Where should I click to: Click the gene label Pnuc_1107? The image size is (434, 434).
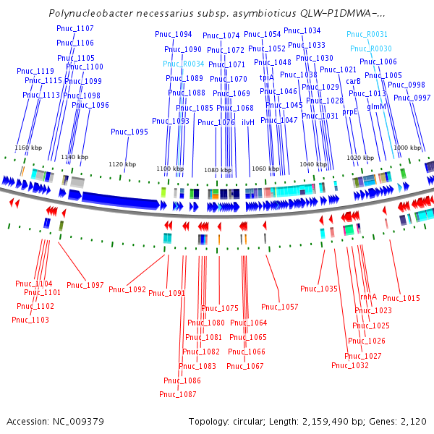(x=75, y=28)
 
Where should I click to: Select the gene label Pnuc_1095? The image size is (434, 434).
(x=129, y=132)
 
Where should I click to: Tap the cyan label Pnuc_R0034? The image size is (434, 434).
(x=186, y=64)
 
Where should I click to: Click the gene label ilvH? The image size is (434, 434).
(x=248, y=122)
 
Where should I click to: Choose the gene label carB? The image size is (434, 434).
(x=353, y=81)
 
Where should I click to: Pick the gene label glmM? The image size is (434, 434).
(x=377, y=106)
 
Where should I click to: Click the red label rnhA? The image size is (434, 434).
(x=368, y=297)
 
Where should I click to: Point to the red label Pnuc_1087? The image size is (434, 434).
(x=178, y=394)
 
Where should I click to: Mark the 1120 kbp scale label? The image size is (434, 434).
(x=122, y=164)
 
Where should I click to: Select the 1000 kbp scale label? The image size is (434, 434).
(x=407, y=147)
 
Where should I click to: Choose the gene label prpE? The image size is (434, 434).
(x=350, y=112)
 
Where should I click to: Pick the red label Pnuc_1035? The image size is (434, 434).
(x=319, y=289)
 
